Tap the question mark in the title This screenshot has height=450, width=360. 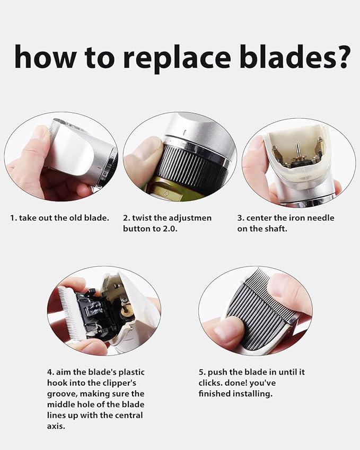[x=340, y=56]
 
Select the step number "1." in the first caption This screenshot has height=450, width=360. [x=13, y=218]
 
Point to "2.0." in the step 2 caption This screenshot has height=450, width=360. [x=169, y=229]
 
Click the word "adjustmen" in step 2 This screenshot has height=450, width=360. [x=190, y=218]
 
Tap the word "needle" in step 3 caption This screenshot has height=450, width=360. [x=321, y=218]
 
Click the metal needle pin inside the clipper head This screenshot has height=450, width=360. [x=298, y=151]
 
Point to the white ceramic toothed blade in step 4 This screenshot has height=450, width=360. [x=70, y=313]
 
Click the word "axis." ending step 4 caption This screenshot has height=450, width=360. [x=56, y=427]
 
